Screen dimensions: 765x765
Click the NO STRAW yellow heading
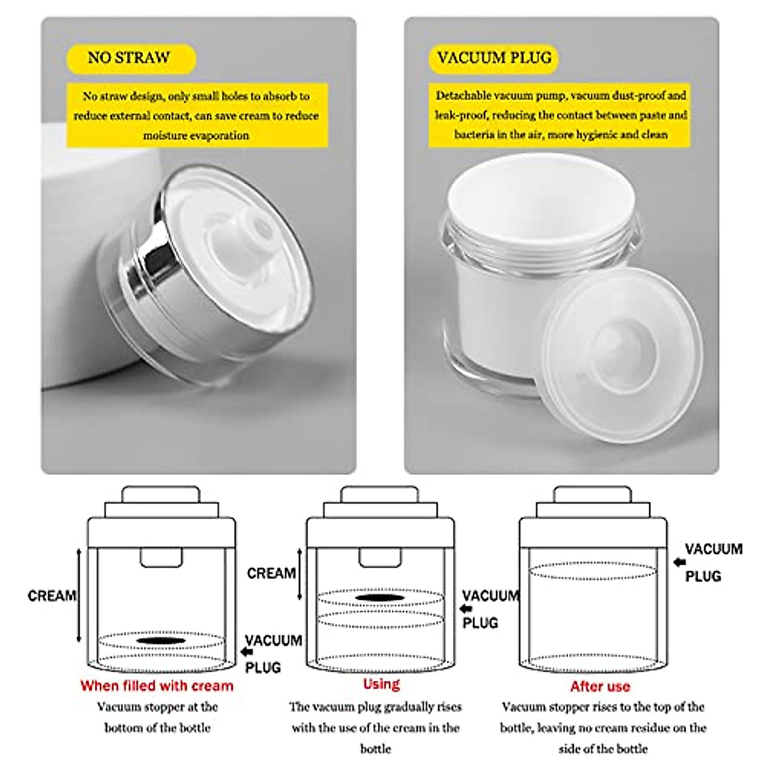pos(129,58)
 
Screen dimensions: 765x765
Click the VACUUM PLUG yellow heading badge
pos(493,58)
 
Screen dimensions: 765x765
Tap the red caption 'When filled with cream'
pos(157,686)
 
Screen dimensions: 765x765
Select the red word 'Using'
pos(381,684)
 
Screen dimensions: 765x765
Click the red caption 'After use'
pos(600,687)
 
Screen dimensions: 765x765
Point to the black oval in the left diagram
pos(161,639)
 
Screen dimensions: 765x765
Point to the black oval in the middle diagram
pos(380,598)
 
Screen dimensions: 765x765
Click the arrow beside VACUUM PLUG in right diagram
pos(680,562)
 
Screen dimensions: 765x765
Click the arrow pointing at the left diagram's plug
pos(247,652)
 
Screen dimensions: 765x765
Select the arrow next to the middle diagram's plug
pos(466,608)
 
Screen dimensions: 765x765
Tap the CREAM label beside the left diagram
pos(52,596)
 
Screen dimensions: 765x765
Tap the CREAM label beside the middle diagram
pos(271,573)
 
